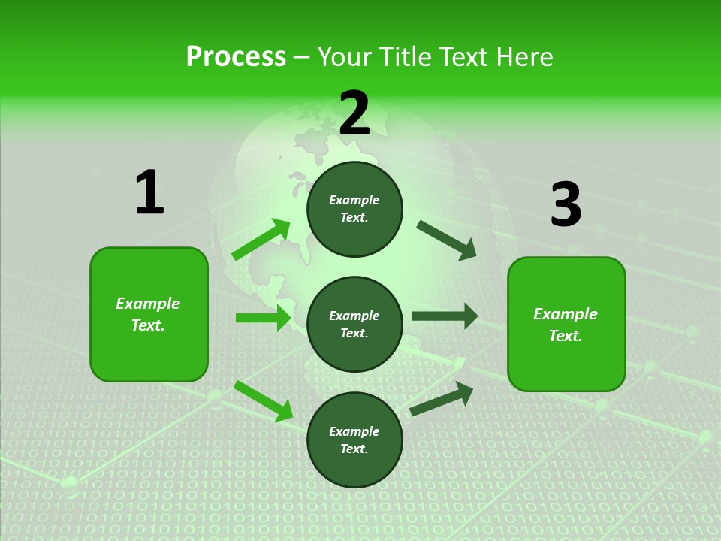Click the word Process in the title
236,56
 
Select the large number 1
149,192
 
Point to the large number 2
354,114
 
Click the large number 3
566,205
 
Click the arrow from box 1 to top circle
261,240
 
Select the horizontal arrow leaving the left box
263,318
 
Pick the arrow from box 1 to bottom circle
263,400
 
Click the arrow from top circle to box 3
446,240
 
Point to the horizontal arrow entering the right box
444,316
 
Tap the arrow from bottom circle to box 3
442,398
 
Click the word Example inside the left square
148,304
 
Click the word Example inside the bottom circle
354,431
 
